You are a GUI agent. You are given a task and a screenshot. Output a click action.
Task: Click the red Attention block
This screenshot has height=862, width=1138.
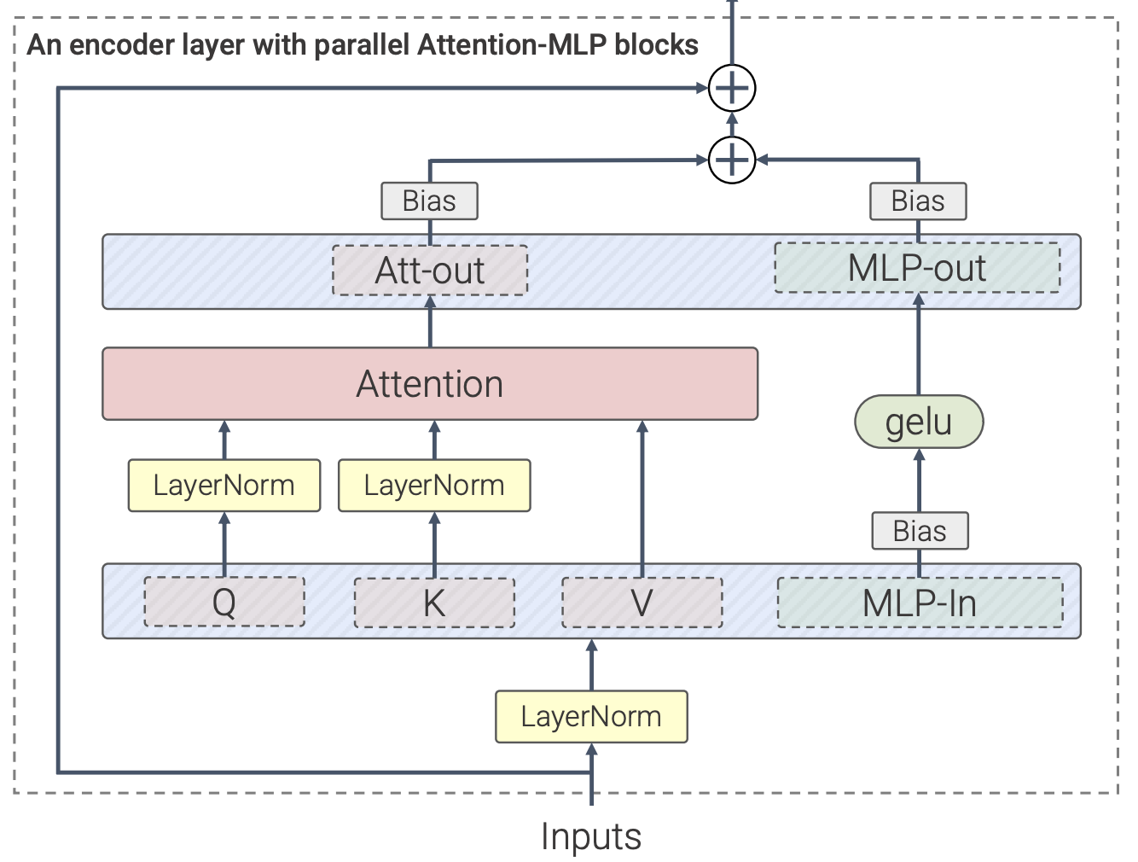pyautogui.click(x=430, y=384)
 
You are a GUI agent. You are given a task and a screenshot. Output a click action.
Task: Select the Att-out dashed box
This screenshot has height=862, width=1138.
pyautogui.click(x=430, y=271)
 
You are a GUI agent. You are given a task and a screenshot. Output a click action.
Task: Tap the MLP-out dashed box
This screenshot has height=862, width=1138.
pyautogui.click(x=917, y=268)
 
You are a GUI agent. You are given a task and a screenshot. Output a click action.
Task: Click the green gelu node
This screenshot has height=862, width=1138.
pyautogui.click(x=919, y=422)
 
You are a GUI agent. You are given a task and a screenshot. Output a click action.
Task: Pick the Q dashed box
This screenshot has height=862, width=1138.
pyautogui.click(x=224, y=603)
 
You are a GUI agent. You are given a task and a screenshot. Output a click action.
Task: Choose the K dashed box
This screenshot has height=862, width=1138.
pyautogui.click(x=434, y=603)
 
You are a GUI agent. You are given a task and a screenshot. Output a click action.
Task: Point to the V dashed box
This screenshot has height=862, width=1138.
pyautogui.click(x=642, y=603)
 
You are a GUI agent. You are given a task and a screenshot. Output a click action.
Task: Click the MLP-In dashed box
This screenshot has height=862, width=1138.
pyautogui.click(x=920, y=603)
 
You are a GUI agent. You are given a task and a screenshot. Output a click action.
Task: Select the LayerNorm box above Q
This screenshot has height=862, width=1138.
pyautogui.click(x=224, y=486)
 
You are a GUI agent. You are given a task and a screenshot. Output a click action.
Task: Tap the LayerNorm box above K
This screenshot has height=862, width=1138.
pyautogui.click(x=434, y=486)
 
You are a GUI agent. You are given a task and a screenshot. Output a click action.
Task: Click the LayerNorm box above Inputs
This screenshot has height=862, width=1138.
pyautogui.click(x=591, y=717)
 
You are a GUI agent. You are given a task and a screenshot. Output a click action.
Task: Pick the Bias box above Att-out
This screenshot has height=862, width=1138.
pyautogui.click(x=429, y=201)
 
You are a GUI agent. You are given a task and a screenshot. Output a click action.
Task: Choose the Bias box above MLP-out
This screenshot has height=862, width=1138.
pyautogui.click(x=918, y=201)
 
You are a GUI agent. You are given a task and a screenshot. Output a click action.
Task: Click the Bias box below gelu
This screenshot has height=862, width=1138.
pyautogui.click(x=920, y=531)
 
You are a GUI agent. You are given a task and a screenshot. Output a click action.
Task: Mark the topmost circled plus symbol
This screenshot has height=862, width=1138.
pyautogui.click(x=732, y=88)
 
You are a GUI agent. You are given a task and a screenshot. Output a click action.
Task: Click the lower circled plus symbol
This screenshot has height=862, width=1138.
pyautogui.click(x=732, y=160)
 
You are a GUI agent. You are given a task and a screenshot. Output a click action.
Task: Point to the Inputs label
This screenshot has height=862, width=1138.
pyautogui.click(x=591, y=836)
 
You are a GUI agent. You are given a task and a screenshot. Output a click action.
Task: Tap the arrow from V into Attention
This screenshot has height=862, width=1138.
pyautogui.click(x=642, y=495)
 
